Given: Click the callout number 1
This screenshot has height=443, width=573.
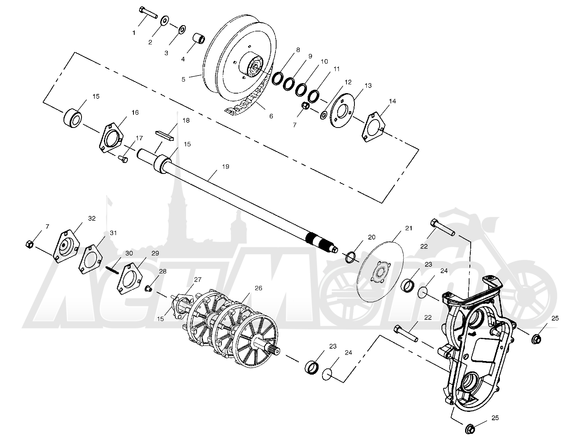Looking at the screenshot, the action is tap(134, 33).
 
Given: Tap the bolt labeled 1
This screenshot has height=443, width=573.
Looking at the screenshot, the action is tap(148, 12).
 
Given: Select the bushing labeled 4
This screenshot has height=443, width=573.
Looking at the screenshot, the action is tap(200, 39).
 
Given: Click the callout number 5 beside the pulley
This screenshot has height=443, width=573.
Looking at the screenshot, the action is tap(183, 79).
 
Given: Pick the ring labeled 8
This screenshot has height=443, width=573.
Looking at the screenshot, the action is tap(278, 79).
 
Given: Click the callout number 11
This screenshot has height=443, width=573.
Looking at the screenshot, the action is tap(336, 69).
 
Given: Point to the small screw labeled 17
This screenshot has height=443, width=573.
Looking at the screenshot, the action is tap(123, 159).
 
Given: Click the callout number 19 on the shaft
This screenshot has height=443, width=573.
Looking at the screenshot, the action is tap(226, 167).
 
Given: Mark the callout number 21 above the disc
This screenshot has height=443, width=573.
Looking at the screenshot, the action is tap(408, 228).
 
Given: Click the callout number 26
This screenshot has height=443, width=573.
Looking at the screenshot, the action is tap(259, 288).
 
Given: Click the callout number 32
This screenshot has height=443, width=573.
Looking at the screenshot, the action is tap(92, 218).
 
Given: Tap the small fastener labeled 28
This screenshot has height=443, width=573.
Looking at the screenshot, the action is tap(149, 288).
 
